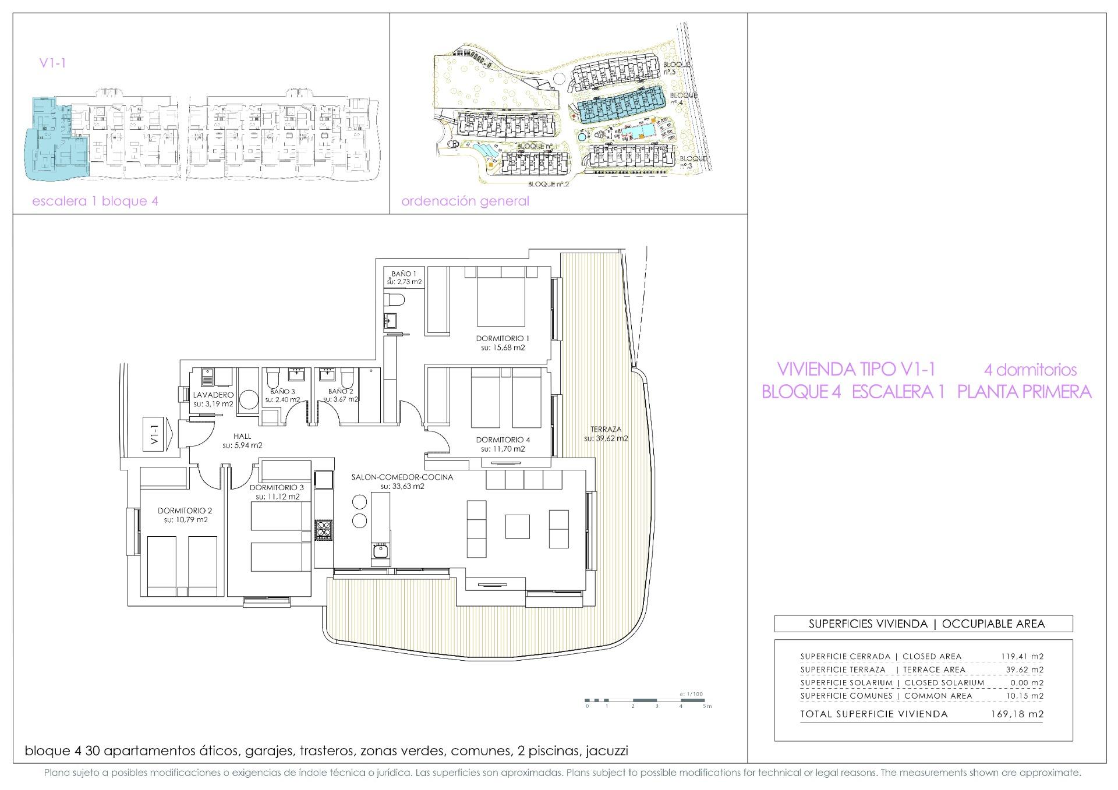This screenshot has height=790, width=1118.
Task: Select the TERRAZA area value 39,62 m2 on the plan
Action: pos(606,438)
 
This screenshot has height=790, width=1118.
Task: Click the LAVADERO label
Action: pos(213,395)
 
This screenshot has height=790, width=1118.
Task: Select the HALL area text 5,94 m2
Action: pos(242,445)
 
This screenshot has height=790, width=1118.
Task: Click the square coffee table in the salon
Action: pos(517,526)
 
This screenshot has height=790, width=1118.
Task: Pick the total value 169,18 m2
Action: pos(1017,714)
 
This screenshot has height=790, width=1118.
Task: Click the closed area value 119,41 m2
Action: pos(1022,656)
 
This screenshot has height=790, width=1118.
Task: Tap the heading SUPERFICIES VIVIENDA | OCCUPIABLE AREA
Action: pos(923,624)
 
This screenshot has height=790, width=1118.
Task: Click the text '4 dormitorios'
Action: pos(1030,370)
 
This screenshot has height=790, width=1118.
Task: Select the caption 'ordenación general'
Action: pos(465,201)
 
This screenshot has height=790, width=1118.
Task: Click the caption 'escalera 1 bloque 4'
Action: pos(95,201)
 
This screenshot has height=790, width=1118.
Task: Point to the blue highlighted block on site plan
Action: pos(621,105)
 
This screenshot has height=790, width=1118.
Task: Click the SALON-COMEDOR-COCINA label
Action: pos(402,477)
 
